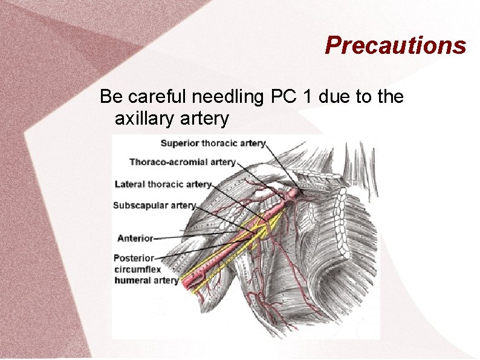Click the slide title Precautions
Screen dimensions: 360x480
[x=395, y=45]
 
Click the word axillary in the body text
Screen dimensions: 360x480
[x=144, y=119]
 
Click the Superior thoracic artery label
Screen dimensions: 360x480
[x=213, y=143]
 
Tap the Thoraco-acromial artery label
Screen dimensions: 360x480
[x=182, y=162]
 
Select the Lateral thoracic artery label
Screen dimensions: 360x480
[x=163, y=184]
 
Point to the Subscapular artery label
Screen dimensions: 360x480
[x=154, y=206]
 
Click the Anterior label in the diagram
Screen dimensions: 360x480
[x=135, y=238]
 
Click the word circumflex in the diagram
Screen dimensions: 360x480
[x=137, y=269]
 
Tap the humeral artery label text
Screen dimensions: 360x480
[x=146, y=280]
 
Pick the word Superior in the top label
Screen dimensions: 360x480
[x=180, y=143]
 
